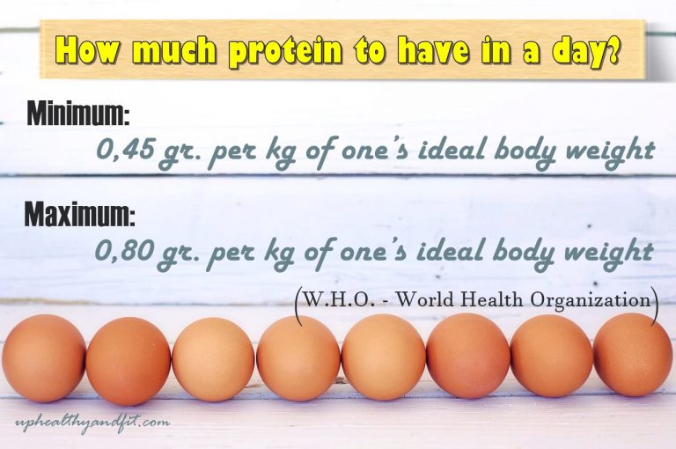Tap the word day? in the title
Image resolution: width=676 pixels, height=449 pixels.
click(584, 52)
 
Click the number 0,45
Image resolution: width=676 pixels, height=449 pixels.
click(124, 151)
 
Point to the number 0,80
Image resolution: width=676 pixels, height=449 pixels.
click(124, 251)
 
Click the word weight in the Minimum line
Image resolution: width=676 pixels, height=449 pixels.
click(606, 151)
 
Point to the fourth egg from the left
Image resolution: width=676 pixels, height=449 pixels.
click(298, 358)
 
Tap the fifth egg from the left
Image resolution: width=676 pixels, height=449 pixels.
click(383, 357)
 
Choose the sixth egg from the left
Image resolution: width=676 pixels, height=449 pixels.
click(468, 356)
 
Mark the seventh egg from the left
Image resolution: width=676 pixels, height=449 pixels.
click(552, 356)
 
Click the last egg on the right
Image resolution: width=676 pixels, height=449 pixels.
click(633, 354)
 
